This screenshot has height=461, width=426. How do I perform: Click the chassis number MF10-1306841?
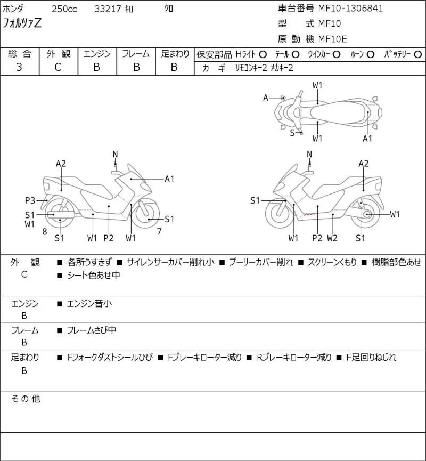click(350, 9)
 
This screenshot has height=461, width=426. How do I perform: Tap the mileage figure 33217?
click(108, 9)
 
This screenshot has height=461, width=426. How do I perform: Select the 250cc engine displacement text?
click(64, 9)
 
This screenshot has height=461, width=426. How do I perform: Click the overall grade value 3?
click(19, 67)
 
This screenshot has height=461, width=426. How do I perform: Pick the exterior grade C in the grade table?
click(58, 67)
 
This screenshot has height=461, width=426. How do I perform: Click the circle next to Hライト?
click(263, 54)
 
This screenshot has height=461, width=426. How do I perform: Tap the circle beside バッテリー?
click(417, 54)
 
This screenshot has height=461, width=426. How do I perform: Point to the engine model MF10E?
click(333, 39)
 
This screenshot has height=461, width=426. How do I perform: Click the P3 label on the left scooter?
click(30, 200)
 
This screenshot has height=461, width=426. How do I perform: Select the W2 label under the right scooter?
click(332, 238)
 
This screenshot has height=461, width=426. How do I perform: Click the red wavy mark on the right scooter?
click(309, 214)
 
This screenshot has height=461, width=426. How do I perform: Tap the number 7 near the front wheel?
click(159, 232)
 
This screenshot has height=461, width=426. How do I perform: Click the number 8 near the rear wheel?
click(45, 232)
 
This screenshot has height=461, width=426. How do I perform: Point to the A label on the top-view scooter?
click(266, 98)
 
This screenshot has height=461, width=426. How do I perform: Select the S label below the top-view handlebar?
click(292, 133)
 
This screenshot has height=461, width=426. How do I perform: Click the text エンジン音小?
click(89, 303)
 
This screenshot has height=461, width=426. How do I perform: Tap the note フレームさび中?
click(92, 330)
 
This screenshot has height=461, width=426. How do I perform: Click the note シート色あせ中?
click(93, 275)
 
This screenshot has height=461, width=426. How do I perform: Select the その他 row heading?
click(26, 399)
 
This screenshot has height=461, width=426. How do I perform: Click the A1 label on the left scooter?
click(169, 179)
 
